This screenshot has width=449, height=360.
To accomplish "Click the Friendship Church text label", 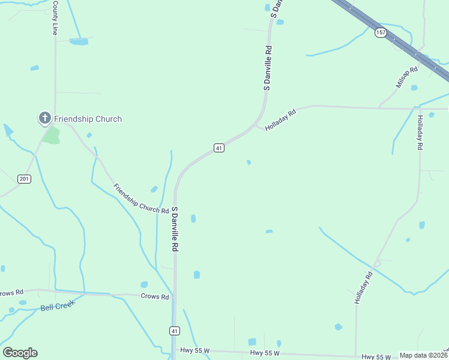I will pyautogui.click(x=88, y=119).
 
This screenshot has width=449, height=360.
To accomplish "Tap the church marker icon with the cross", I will pyautogui.click(x=44, y=118).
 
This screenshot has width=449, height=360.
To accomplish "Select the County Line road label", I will pyautogui.click(x=55, y=18).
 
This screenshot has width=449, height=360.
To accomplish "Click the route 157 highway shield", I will pyautogui.click(x=381, y=32).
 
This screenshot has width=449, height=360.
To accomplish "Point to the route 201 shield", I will pyautogui.click(x=24, y=179).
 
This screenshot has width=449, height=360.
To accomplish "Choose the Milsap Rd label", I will pyautogui.click(x=406, y=78).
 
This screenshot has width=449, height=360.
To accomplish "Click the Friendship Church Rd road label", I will pyautogui.click(x=141, y=199).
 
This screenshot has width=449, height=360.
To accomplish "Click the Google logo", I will pyautogui.click(x=20, y=353).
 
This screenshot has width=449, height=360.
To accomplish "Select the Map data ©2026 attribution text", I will pyautogui.click(x=424, y=355).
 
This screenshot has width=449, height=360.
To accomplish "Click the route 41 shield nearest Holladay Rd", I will pyautogui.click(x=219, y=148).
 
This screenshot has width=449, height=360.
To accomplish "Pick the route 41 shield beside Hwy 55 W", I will pyautogui.click(x=174, y=331).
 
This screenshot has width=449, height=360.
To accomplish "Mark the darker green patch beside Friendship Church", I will pyautogui.click(x=52, y=135).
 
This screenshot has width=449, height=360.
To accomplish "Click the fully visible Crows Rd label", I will pyautogui.click(x=155, y=296).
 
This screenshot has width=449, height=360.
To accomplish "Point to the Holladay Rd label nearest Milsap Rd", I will pyautogui.click(x=420, y=133).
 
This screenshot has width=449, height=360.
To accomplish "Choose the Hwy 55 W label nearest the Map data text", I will pyautogui.click(x=376, y=357).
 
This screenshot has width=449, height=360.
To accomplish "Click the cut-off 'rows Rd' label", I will pyautogui.click(x=11, y=293).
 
